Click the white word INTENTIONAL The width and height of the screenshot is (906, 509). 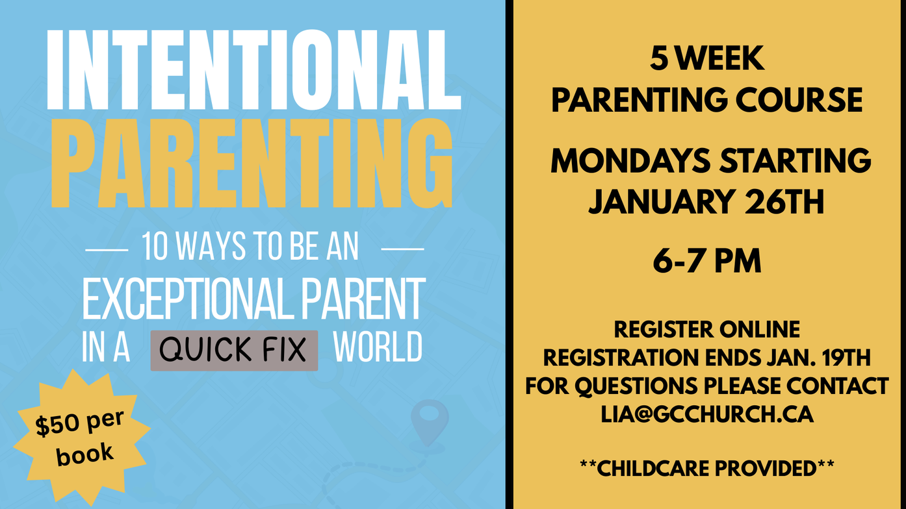[254, 69]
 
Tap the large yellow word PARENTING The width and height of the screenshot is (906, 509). [252, 163]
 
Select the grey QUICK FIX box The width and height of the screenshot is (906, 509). [234, 350]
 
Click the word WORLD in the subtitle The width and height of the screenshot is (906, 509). [378, 347]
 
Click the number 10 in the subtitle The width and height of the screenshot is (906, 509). [155, 247]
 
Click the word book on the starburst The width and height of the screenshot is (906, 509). [84, 454]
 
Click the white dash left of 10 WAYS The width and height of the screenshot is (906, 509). [107, 250]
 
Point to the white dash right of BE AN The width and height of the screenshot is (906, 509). [403, 249]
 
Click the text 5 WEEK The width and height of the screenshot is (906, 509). [707, 58]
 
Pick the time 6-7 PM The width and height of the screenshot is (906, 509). [707, 261]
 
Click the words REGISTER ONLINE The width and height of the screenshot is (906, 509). [707, 330]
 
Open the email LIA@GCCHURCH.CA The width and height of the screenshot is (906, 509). [707, 414]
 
